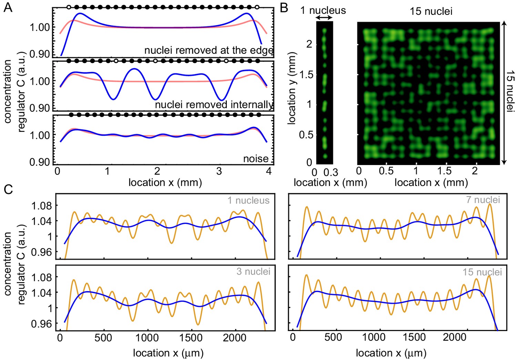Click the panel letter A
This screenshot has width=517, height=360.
[8, 7]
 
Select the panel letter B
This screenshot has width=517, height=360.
[284, 7]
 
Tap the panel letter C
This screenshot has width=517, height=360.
[8, 189]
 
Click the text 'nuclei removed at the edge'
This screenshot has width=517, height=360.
[209, 50]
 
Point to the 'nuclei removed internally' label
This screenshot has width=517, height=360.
[214, 104]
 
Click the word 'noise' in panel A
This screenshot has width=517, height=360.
[256, 158]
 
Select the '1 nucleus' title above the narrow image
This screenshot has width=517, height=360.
[323, 10]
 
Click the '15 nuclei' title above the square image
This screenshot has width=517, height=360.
[431, 11]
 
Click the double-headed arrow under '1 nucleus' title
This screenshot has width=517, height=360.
[324, 18]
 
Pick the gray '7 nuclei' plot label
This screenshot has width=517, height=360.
[483, 199]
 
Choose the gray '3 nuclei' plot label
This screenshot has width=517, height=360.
[253, 271]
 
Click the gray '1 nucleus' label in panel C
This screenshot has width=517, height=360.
[249, 200]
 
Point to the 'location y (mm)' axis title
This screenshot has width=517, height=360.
[292, 88]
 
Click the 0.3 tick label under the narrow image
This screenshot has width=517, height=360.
[331, 172]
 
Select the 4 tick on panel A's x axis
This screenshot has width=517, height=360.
[269, 171]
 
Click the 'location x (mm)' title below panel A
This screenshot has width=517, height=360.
[165, 182]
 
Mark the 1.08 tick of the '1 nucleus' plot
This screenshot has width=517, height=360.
[42, 206]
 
